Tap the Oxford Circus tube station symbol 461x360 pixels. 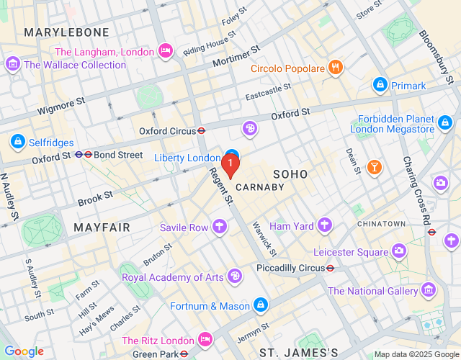coord(202,131)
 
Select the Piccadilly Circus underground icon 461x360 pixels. coord(330,267)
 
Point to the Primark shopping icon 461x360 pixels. coord(380,86)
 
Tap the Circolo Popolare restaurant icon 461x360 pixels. coord(335,68)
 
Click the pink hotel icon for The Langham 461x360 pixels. coord(165,51)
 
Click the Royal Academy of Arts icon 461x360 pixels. coord(235,276)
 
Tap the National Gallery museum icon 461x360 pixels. coord(429,291)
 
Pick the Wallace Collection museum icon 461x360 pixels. coord(12,64)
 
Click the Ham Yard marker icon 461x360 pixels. coord(326,226)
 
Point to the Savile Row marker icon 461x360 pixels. coord(220,228)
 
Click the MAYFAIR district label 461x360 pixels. coord(102,228)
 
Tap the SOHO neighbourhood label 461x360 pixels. coord(290,174)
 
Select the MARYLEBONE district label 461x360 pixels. coord(66,32)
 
